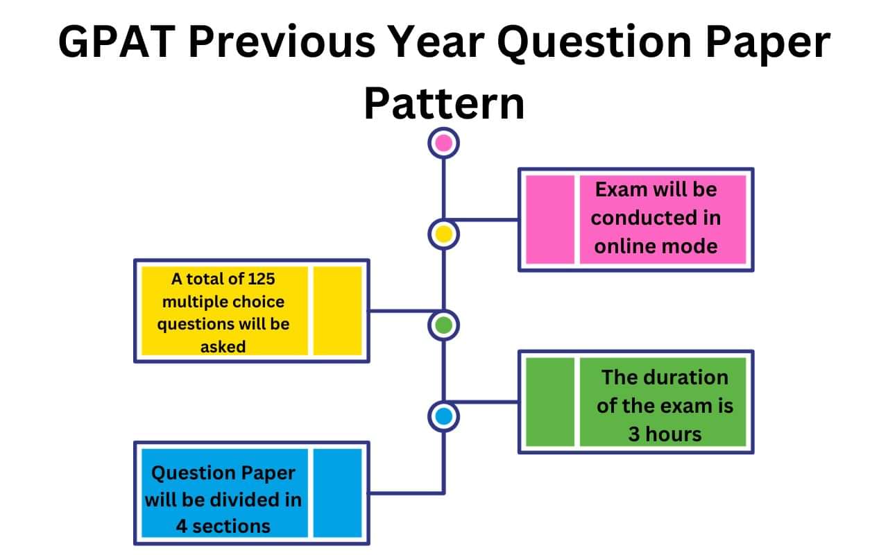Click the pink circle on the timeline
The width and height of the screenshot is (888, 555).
(x=443, y=144)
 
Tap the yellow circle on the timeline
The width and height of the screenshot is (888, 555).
(x=443, y=234)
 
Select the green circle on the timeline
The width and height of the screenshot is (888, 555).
(x=443, y=325)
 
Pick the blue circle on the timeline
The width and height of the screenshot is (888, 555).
(x=443, y=416)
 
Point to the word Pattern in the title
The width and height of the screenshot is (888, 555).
(x=444, y=103)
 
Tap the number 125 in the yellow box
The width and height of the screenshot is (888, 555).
(x=260, y=279)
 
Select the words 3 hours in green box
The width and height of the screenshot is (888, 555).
(x=665, y=434)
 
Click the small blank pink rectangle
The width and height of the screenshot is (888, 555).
(x=550, y=219)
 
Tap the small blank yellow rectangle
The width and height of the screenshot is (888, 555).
(x=338, y=310)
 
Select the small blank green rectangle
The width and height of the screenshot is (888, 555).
(x=550, y=402)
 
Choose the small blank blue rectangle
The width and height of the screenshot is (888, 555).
(x=338, y=493)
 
